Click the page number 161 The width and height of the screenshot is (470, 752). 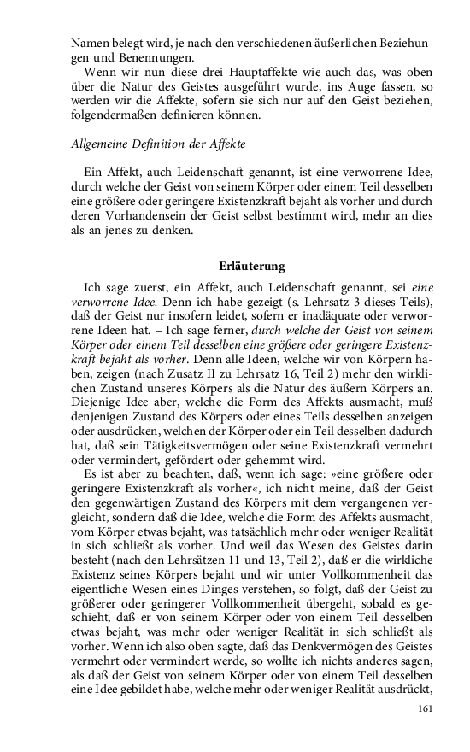427,708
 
